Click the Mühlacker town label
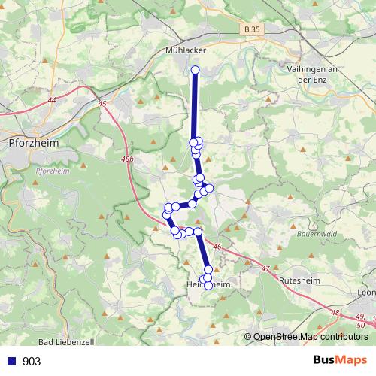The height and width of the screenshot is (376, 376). click(x=185, y=50)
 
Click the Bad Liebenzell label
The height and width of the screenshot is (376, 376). click(x=65, y=342)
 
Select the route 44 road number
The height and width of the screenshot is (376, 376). click(x=51, y=99)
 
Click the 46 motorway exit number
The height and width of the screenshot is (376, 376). click(x=217, y=246)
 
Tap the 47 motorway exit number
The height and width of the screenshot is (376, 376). click(x=265, y=268)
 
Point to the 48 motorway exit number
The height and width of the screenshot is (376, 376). click(x=335, y=313)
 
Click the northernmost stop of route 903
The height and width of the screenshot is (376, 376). click(x=195, y=70)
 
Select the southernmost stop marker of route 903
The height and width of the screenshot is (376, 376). click(x=208, y=286)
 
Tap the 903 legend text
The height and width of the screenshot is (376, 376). click(x=32, y=362)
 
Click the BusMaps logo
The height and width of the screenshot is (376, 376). click(x=341, y=360)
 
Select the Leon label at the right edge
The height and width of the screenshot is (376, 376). click(x=367, y=293)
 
